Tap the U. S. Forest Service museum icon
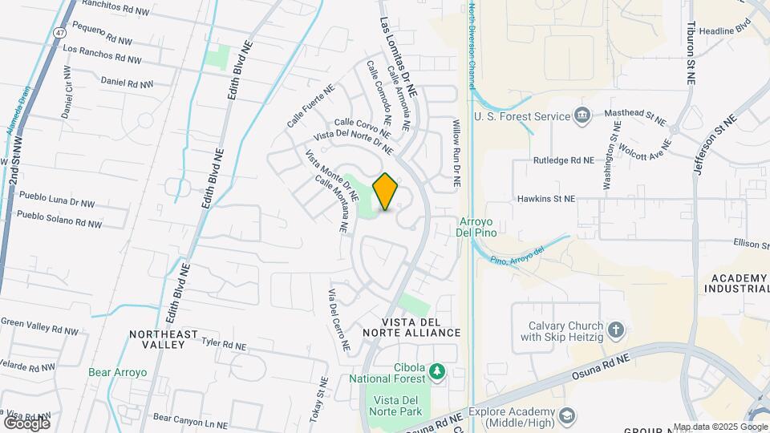click(582, 116)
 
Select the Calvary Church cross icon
click(615, 330)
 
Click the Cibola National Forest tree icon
click(436, 370)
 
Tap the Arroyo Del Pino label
click(478, 227)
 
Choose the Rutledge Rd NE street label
click(564, 160)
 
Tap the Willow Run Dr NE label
click(455, 153)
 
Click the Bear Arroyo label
click(118, 372)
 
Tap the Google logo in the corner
click(26, 423)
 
